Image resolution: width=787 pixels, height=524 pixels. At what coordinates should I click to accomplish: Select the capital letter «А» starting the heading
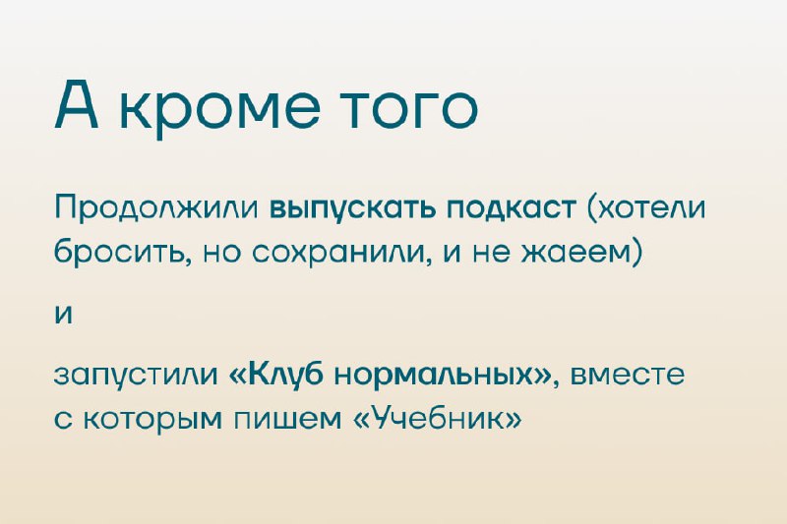tap(76, 104)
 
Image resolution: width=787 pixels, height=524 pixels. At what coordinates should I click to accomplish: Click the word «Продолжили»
tap(156, 208)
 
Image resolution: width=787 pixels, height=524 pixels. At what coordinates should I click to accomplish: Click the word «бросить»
tap(121, 251)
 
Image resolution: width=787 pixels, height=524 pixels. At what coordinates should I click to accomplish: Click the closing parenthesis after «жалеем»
tap(636, 252)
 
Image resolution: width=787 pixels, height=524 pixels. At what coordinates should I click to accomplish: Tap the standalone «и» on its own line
tap(64, 315)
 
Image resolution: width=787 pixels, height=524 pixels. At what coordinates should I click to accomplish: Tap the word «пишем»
tap(289, 419)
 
